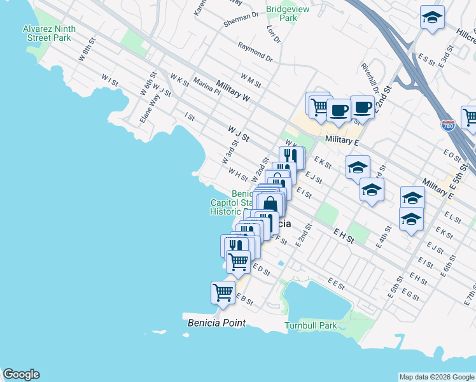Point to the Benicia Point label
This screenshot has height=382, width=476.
(x=216, y=323)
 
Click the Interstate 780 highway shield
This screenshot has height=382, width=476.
(x=449, y=125)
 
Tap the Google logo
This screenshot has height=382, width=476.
(x=21, y=374)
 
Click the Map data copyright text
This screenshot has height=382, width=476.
(x=436, y=377)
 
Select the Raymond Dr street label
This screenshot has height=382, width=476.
(x=255, y=52)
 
